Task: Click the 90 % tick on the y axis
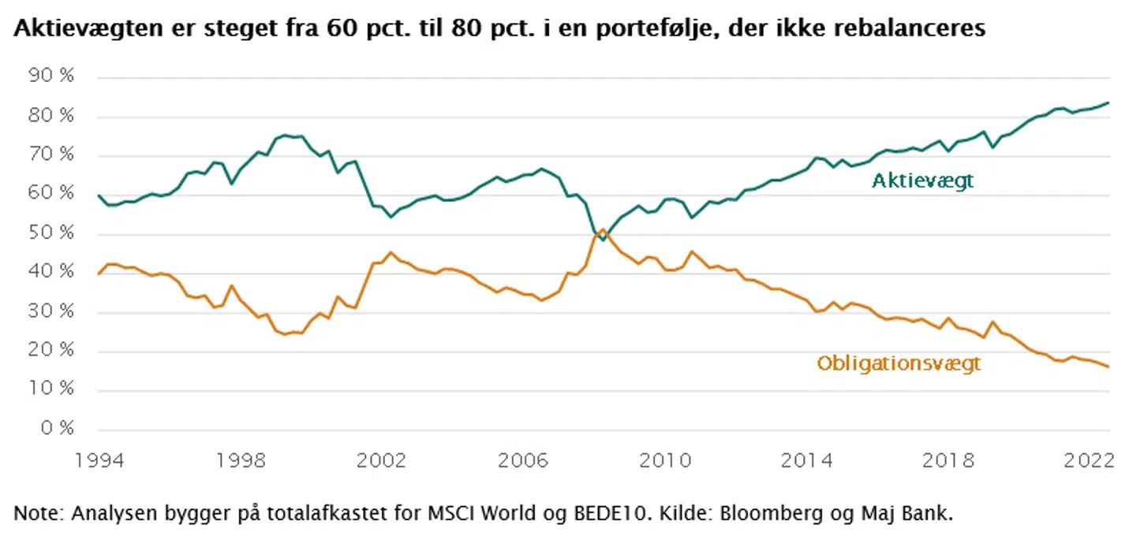coord(52,78)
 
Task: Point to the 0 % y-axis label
coord(57,429)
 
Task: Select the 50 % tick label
coord(52,234)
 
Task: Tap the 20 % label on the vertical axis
coord(52,351)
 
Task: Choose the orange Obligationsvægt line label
coord(899,363)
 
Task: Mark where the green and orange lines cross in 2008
coord(598,235)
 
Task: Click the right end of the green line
coord(1109,102)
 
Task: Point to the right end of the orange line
coord(1109,367)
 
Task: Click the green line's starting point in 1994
coord(99,196)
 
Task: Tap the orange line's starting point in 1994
coord(99,274)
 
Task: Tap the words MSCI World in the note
coord(461,515)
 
